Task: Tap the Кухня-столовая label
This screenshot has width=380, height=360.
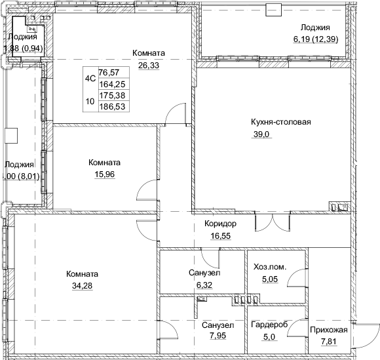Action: (x=280, y=121)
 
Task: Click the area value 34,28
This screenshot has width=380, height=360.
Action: (x=82, y=285)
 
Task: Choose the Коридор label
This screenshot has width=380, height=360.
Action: (x=220, y=224)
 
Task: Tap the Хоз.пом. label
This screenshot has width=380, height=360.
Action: (x=270, y=266)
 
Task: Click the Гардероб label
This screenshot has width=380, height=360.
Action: (x=269, y=324)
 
